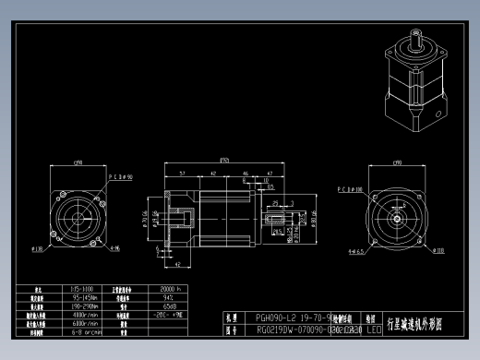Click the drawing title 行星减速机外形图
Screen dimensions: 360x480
[x=417, y=324]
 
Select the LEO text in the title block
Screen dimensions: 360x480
[x=374, y=329]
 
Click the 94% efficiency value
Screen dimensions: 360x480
[x=171, y=297]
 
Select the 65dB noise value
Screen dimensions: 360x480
[x=171, y=306]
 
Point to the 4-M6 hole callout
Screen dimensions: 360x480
[x=114, y=248]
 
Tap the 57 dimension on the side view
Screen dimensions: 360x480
[x=183, y=173]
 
